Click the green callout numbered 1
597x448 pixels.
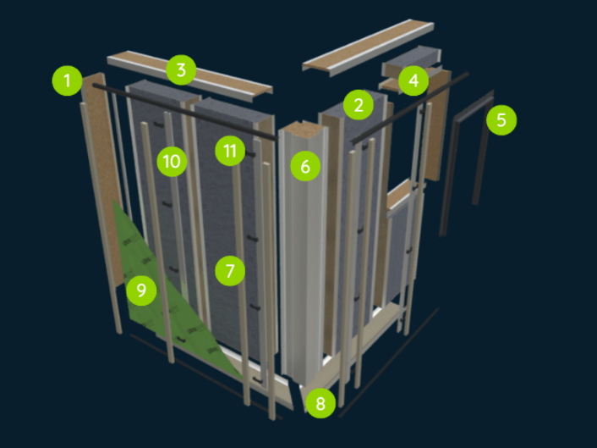(68, 80)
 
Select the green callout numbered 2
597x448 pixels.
(359, 105)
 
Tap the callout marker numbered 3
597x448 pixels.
(181, 69)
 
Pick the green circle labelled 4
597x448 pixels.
(414, 80)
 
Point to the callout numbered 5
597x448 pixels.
(501, 120)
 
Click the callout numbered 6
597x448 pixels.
(305, 166)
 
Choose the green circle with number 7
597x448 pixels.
(230, 271)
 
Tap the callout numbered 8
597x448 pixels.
(320, 403)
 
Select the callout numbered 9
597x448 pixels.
(141, 290)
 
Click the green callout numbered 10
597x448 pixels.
(172, 161)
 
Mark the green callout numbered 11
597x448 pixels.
(230, 151)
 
